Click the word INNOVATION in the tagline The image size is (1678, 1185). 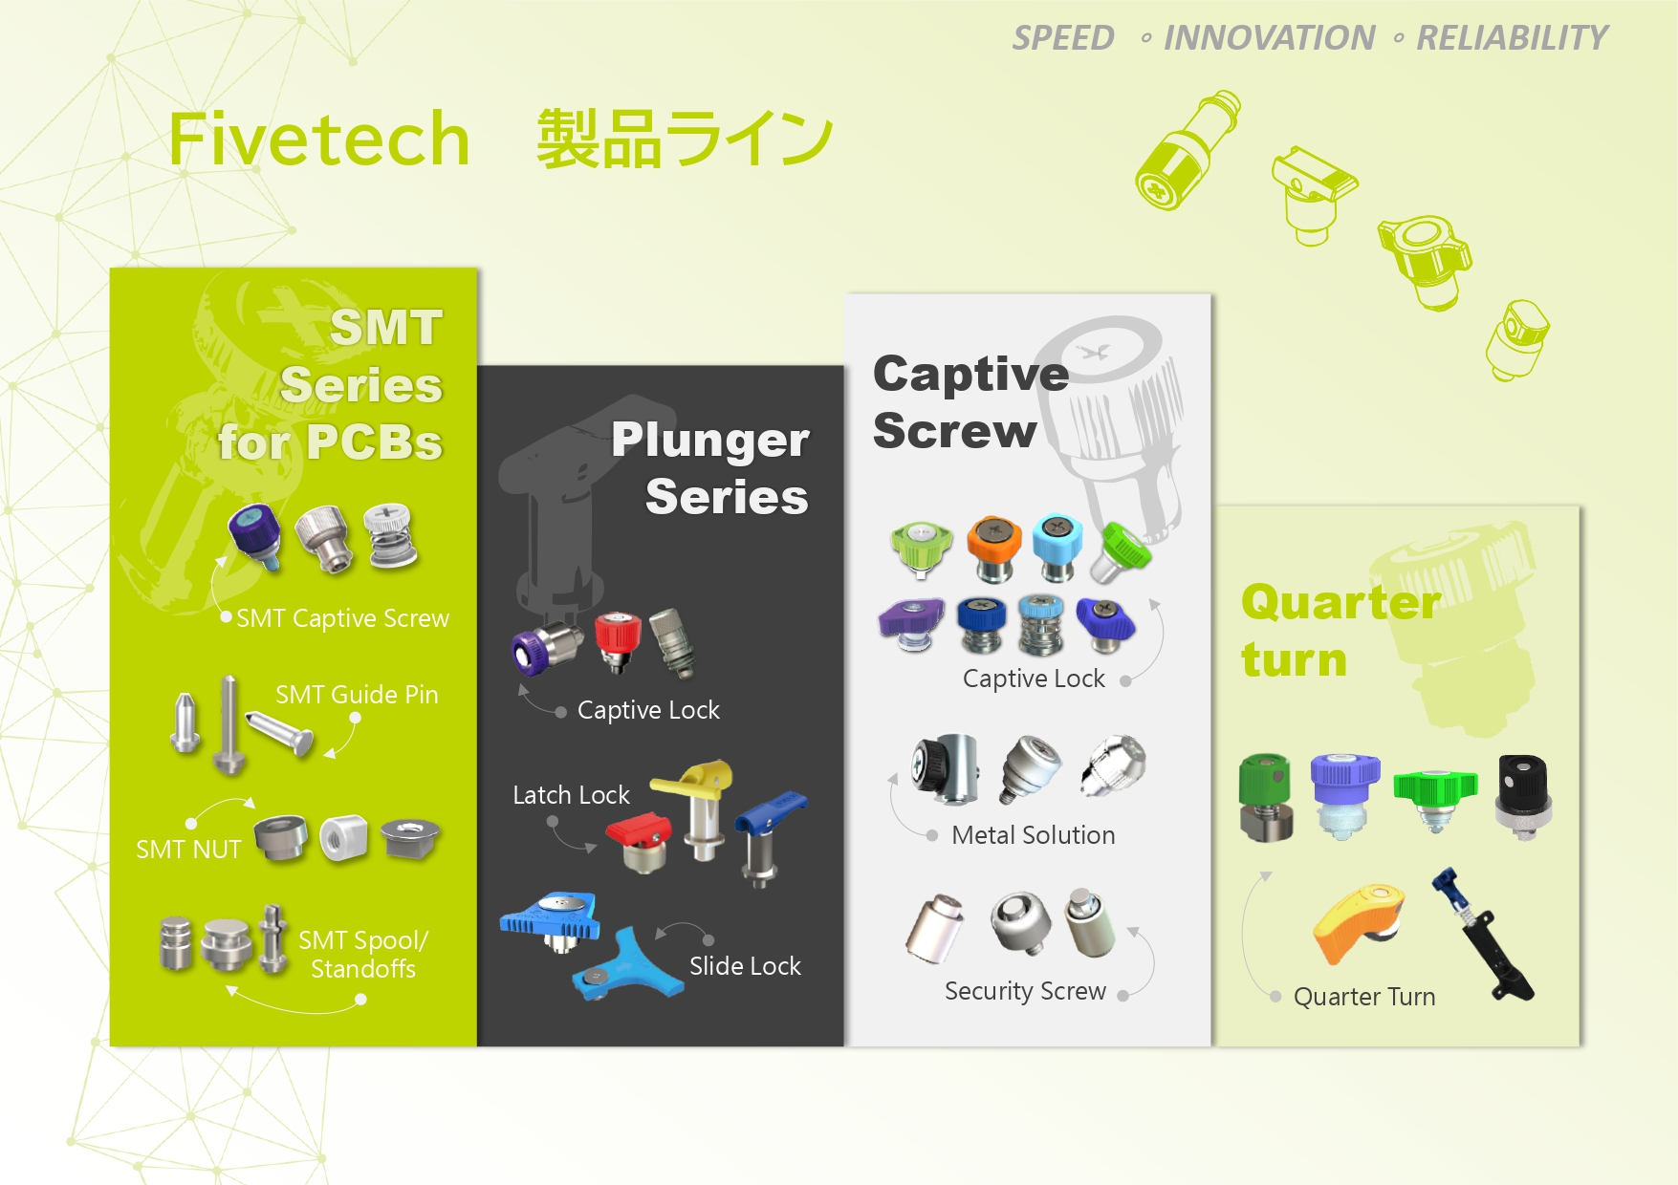pyautogui.click(x=1269, y=38)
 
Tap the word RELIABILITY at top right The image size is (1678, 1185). pyautogui.click(x=1512, y=38)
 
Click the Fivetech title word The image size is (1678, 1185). pyautogui.click(x=319, y=139)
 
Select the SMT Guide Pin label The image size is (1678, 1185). pyautogui.click(x=357, y=695)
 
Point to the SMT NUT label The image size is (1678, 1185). pyautogui.click(x=188, y=850)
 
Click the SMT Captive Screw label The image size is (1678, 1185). pyautogui.click(x=342, y=618)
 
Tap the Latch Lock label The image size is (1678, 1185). pyautogui.click(x=571, y=795)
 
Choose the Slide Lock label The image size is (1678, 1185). pyautogui.click(x=745, y=966)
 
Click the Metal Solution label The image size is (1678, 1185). pyautogui.click(x=1034, y=835)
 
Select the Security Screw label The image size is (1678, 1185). pyautogui.click(x=1025, y=991)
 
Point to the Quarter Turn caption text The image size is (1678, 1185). pyautogui.click(x=1364, y=997)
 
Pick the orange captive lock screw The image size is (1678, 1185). pyautogui.click(x=993, y=548)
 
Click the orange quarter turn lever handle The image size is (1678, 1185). pyautogui.click(x=1358, y=923)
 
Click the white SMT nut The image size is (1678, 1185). pyautogui.click(x=343, y=838)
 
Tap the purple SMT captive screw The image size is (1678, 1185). pyautogui.click(x=255, y=535)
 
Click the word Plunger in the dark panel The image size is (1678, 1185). pyautogui.click(x=710, y=442)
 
